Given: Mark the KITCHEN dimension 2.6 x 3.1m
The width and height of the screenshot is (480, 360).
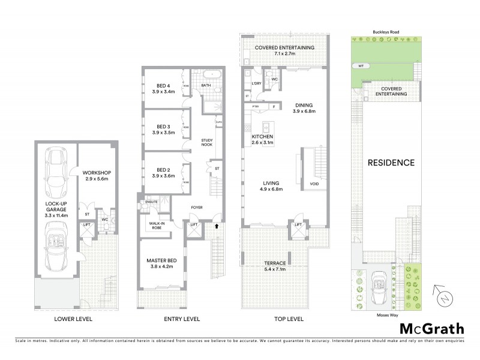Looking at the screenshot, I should tap(262, 143).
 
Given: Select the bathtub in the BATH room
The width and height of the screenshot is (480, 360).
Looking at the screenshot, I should tap(212, 76).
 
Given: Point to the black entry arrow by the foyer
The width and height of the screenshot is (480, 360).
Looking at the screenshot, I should tap(217, 227).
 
